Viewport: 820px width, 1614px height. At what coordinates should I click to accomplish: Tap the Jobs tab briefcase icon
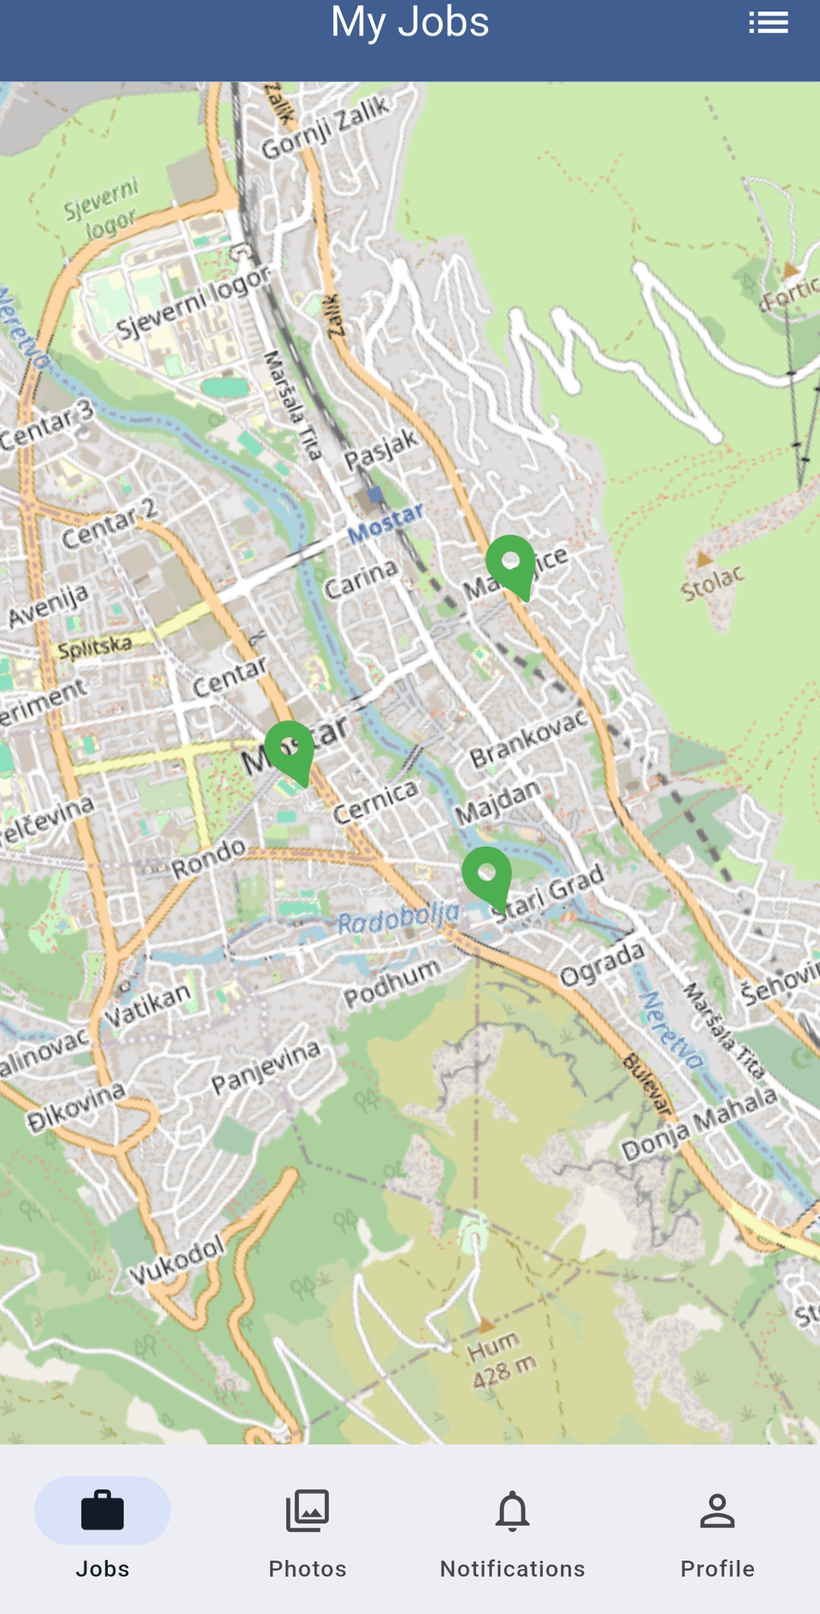[102, 1511]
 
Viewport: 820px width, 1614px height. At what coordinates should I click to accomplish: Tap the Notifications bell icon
[512, 1511]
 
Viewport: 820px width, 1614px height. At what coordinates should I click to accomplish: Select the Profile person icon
[717, 1511]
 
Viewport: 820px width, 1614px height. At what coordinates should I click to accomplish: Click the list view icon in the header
[768, 23]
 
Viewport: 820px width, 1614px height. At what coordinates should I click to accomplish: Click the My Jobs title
[410, 21]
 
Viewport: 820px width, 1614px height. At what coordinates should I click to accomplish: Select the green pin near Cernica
[290, 750]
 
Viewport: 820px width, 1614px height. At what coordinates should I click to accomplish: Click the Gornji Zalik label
[324, 128]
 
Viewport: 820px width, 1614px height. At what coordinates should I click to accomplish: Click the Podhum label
[392, 983]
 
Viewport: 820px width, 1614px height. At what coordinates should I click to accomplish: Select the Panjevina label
[266, 1067]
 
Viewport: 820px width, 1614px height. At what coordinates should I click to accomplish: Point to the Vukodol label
[176, 1259]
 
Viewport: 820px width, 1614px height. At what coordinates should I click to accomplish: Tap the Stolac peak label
[712, 582]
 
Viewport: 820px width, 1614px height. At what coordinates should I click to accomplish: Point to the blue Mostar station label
[384, 524]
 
